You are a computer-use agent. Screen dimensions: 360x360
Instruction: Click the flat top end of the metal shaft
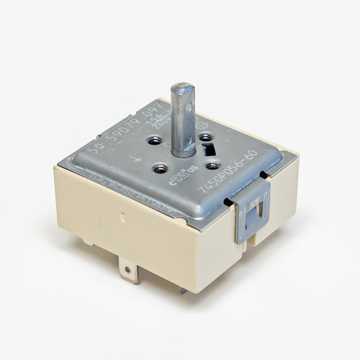coord(181,90)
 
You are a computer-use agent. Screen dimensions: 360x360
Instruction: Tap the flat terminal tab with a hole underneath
coord(129,273)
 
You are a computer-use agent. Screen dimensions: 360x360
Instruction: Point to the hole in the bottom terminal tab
coord(129,271)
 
